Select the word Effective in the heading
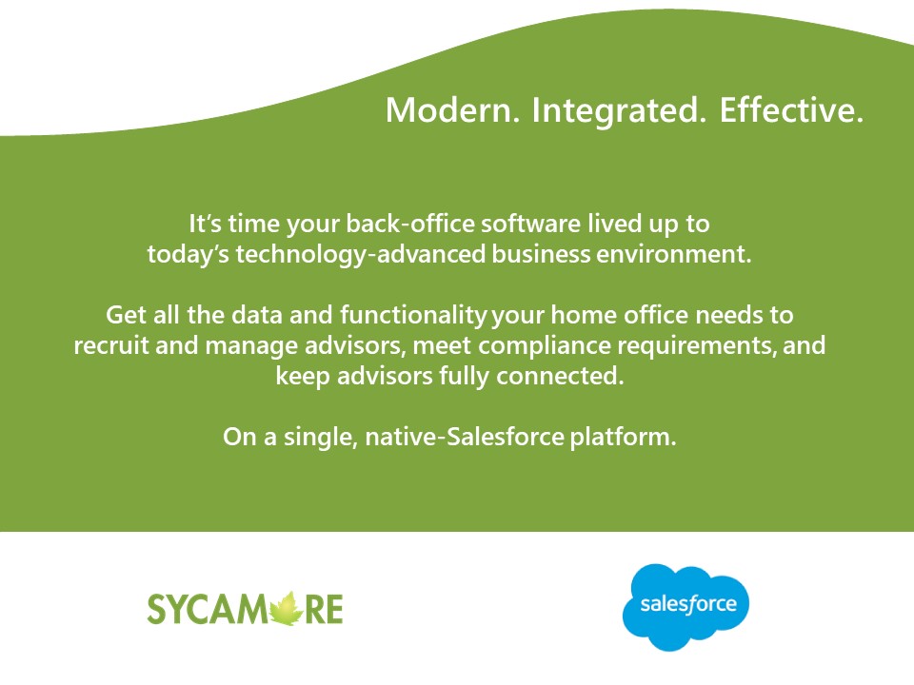(x=791, y=110)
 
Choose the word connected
(x=573, y=376)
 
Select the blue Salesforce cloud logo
(x=685, y=606)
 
